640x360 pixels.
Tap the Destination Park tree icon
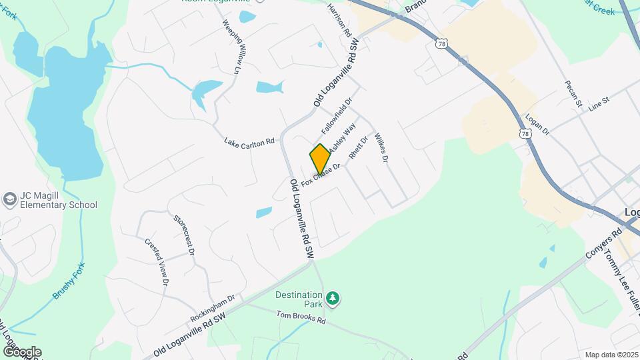click(x=332, y=297)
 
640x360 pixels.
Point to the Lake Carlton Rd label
click(x=249, y=142)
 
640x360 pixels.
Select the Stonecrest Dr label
click(x=183, y=235)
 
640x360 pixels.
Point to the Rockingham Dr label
click(x=213, y=306)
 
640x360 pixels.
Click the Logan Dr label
click(x=537, y=125)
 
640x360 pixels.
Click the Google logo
click(x=22, y=351)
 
